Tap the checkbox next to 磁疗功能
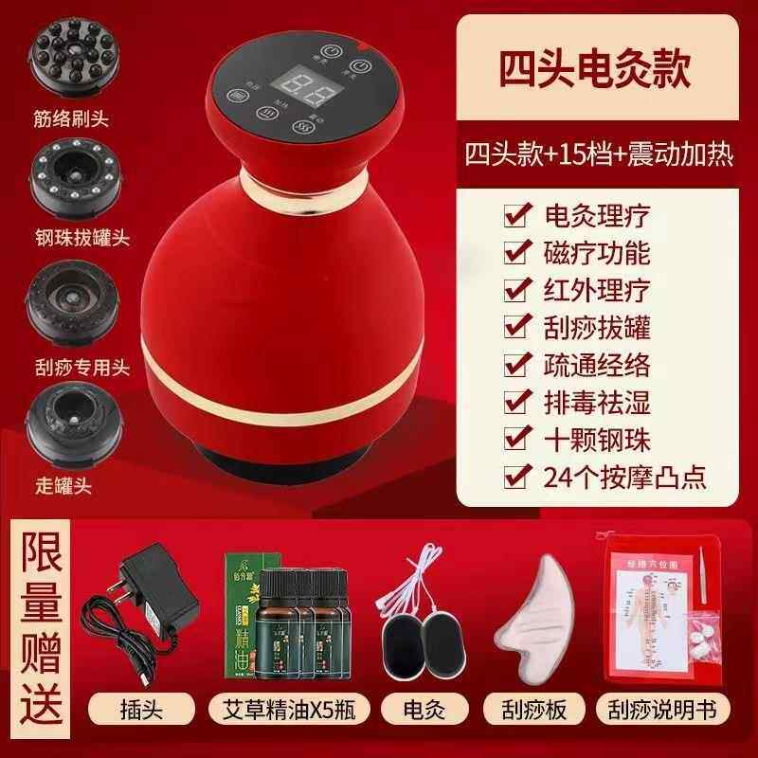pos(515,254)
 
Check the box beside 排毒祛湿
pos(515,406)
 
